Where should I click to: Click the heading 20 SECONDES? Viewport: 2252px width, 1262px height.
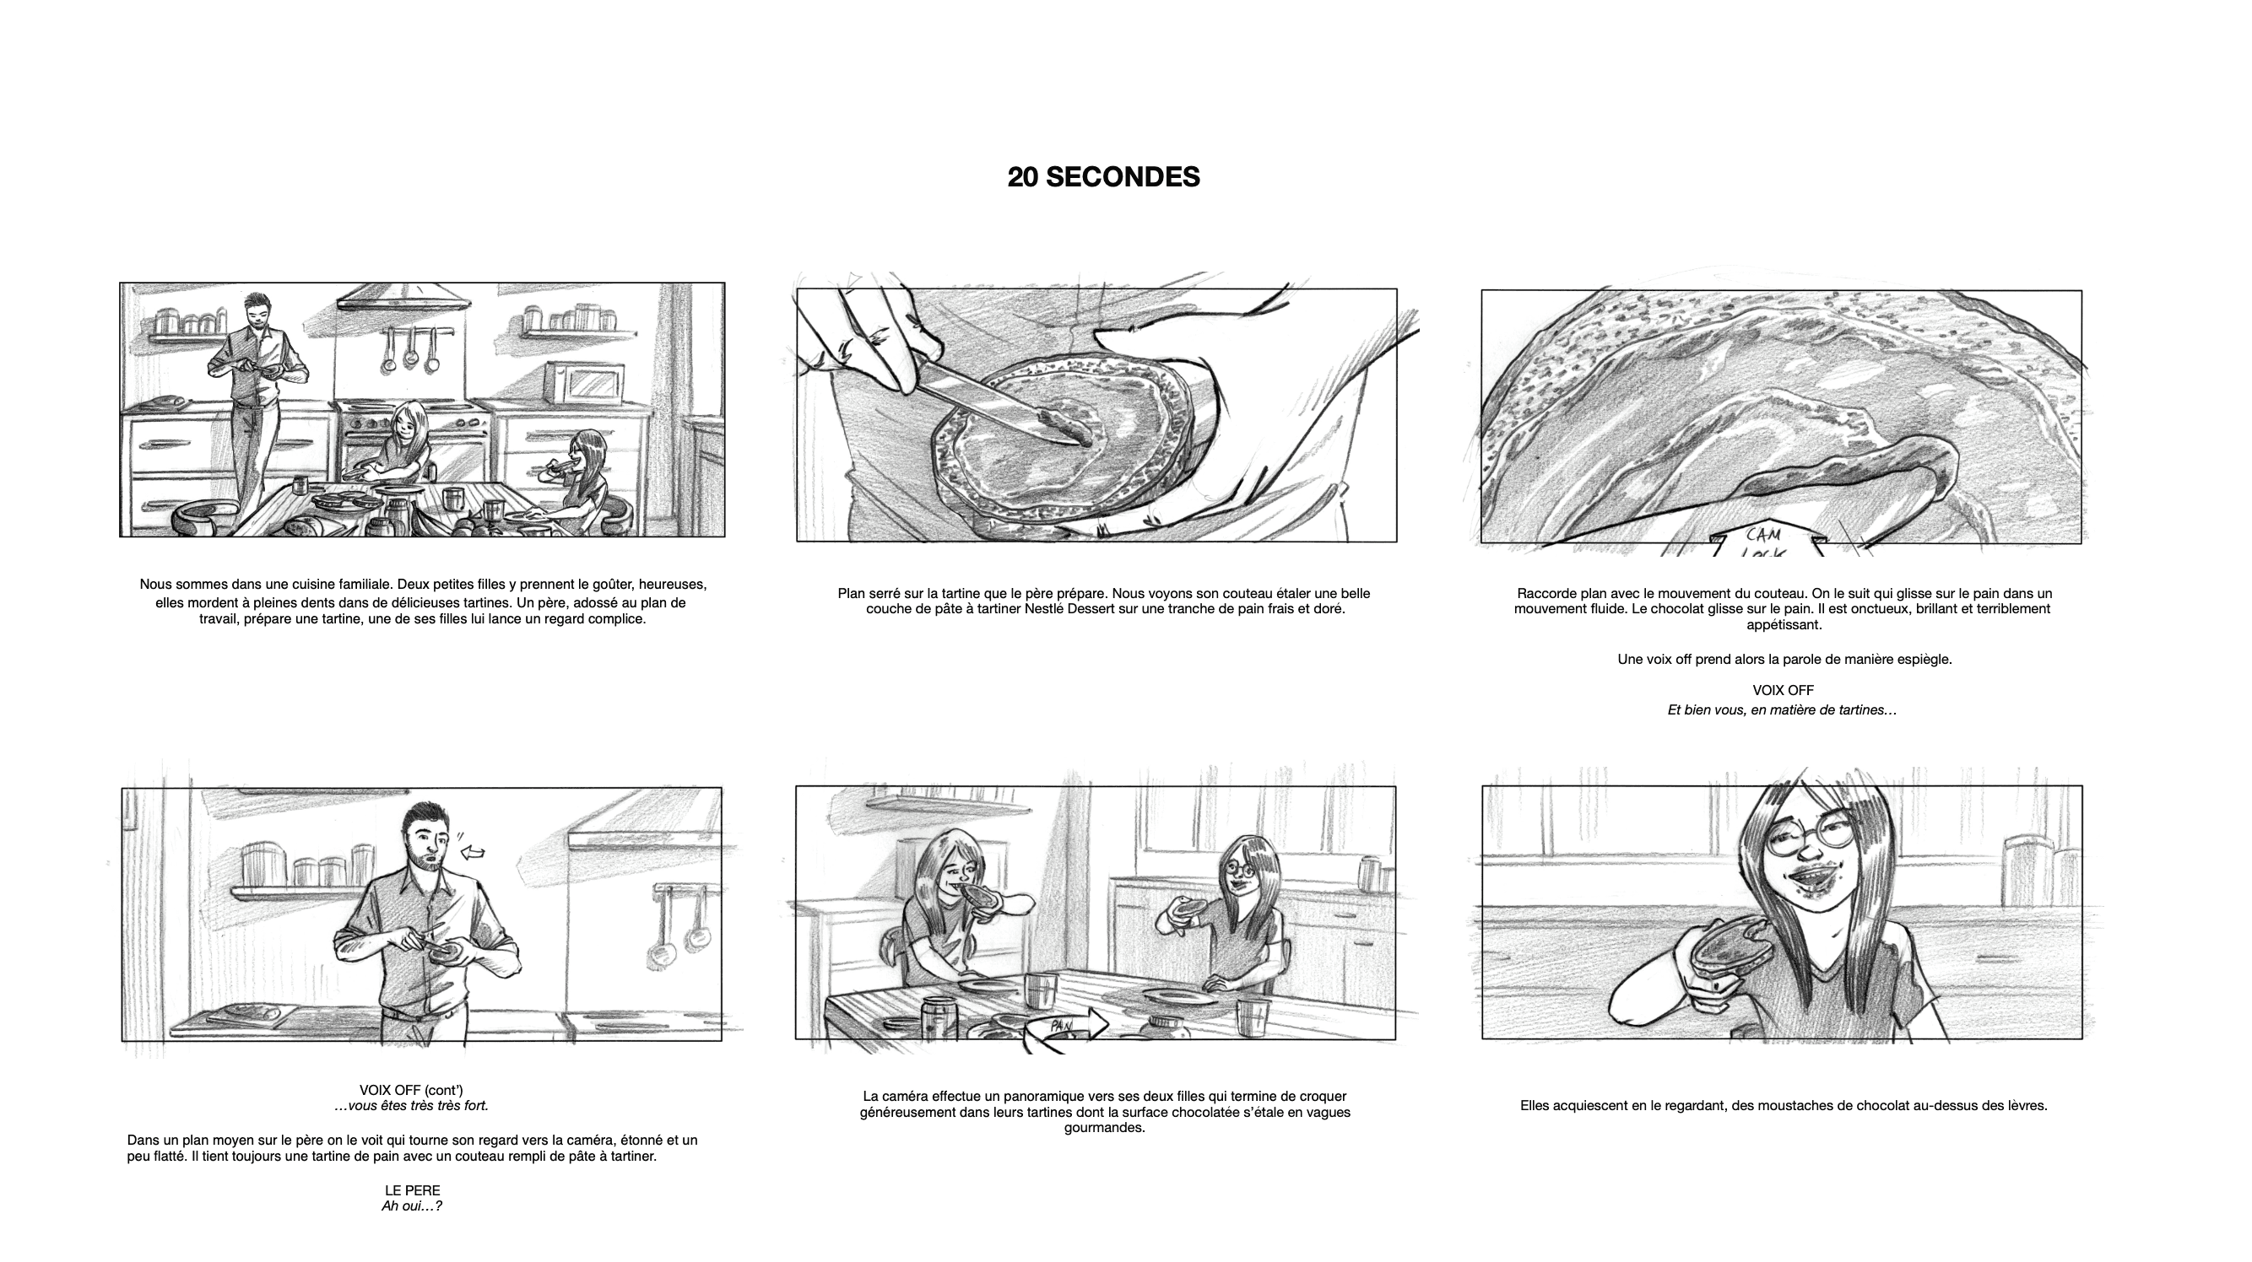[1103, 177]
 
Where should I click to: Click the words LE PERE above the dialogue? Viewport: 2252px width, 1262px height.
[413, 1190]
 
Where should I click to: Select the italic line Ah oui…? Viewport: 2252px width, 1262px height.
[412, 1206]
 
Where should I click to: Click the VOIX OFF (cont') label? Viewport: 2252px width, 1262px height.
[411, 1090]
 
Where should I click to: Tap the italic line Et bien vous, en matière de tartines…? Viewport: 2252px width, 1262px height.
[1782, 710]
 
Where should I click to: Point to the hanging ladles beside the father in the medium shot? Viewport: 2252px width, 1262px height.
[679, 920]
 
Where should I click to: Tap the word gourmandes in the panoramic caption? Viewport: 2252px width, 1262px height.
[1103, 1128]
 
